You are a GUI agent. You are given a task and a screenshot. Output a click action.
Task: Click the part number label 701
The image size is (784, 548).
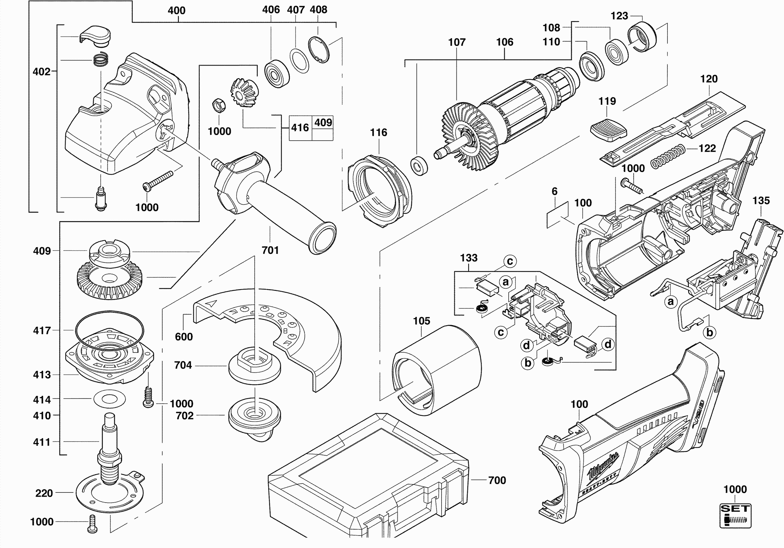(x=270, y=250)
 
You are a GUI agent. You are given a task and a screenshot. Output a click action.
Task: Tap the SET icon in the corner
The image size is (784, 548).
(x=735, y=515)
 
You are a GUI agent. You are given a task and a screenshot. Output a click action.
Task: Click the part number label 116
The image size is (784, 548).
(x=378, y=132)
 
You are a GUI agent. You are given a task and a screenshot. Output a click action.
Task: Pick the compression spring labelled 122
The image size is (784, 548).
(x=668, y=156)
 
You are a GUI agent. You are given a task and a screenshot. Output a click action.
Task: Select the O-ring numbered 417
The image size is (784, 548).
(x=109, y=329)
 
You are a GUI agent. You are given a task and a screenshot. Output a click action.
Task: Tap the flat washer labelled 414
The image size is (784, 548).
(x=110, y=399)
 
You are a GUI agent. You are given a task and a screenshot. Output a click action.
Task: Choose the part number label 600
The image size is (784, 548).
(x=184, y=337)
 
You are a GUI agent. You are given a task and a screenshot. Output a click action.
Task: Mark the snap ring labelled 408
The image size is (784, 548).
(x=319, y=50)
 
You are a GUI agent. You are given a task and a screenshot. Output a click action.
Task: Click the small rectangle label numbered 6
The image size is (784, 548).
(x=557, y=215)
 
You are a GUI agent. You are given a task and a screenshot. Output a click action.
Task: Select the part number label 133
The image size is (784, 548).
(x=468, y=258)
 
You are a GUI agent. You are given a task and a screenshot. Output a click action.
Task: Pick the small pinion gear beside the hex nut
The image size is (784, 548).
(x=244, y=92)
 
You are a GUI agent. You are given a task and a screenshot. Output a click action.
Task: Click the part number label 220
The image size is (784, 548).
(x=44, y=493)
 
